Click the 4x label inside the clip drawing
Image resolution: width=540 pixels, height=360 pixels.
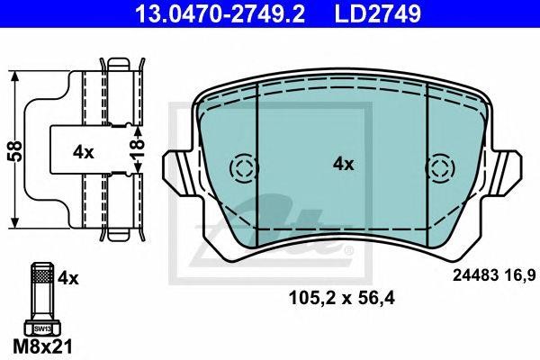[84, 152]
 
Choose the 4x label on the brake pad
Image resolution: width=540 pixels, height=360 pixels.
[343, 164]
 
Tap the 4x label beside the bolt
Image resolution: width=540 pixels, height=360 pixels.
[68, 279]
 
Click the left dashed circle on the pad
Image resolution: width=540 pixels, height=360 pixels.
[243, 168]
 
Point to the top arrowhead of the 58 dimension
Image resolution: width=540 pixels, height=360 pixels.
[15, 75]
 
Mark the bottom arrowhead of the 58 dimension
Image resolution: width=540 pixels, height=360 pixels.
[15, 222]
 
